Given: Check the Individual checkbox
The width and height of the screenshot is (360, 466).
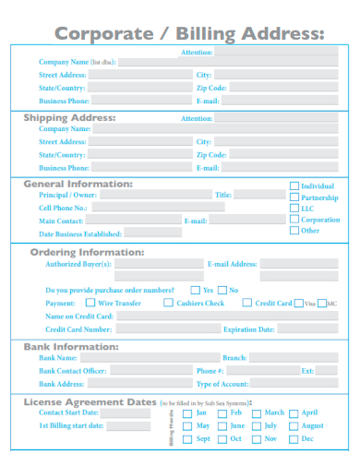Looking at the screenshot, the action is click(295, 185).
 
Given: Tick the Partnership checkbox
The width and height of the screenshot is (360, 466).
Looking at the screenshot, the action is click(295, 197).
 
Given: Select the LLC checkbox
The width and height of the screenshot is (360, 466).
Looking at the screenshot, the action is click(295, 209).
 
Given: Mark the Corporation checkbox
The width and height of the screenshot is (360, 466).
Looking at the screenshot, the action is click(295, 221).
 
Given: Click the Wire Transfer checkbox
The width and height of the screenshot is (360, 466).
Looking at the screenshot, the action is click(90, 303).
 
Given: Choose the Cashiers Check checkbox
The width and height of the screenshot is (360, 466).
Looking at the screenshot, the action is click(168, 303).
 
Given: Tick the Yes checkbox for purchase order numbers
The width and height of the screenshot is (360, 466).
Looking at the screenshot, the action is click(195, 290).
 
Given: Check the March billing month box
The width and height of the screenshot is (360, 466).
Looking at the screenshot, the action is click(256, 413).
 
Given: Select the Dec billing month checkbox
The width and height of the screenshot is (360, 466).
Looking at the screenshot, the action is click(294, 439).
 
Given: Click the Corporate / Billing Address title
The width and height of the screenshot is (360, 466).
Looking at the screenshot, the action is click(189, 34).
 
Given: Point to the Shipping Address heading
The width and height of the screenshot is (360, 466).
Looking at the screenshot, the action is click(69, 117).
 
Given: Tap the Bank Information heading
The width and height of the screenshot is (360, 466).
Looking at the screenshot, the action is click(69, 347).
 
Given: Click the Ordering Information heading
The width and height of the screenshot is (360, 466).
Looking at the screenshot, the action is click(87, 251).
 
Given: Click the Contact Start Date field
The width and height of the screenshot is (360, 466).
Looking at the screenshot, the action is click(129, 414).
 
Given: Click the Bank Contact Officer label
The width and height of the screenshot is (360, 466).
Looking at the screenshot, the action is click(73, 370).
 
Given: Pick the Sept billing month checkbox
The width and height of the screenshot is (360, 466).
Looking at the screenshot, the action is click(187, 439).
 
